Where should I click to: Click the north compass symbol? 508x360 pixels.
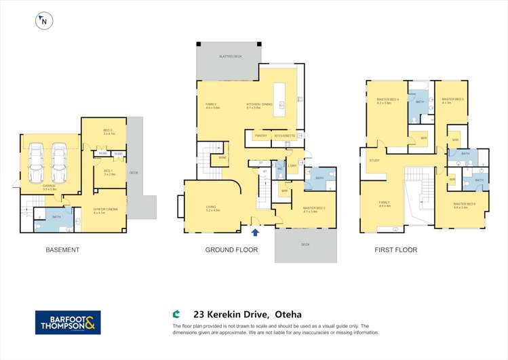43,21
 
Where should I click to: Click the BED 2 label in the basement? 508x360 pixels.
108,130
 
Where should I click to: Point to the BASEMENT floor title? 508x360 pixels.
62,250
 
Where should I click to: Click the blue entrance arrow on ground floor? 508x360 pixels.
255,233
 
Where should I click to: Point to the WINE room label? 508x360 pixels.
222,158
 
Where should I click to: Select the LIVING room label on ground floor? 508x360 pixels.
211,208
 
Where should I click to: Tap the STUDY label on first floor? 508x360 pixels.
374,160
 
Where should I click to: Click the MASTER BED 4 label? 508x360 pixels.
387,100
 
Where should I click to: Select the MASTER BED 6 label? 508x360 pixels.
464,203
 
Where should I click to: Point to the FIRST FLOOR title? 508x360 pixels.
395,250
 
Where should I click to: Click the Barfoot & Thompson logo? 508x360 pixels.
68,322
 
